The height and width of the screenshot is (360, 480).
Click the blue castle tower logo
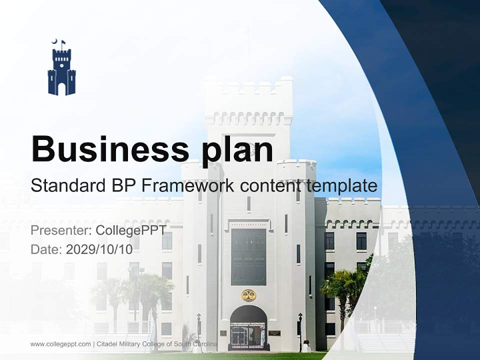click(x=61, y=70)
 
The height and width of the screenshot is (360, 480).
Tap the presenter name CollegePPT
click(x=131, y=230)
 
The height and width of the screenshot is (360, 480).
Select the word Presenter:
click(x=60, y=230)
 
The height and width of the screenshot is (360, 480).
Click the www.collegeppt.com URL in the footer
click(x=60, y=344)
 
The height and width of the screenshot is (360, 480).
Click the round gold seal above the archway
click(x=248, y=295)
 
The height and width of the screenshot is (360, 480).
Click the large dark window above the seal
click(x=248, y=256)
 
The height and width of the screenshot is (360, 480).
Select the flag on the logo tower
click(x=63, y=42)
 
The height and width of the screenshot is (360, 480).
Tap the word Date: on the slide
click(x=46, y=249)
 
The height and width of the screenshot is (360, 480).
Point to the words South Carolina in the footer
click(x=198, y=344)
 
